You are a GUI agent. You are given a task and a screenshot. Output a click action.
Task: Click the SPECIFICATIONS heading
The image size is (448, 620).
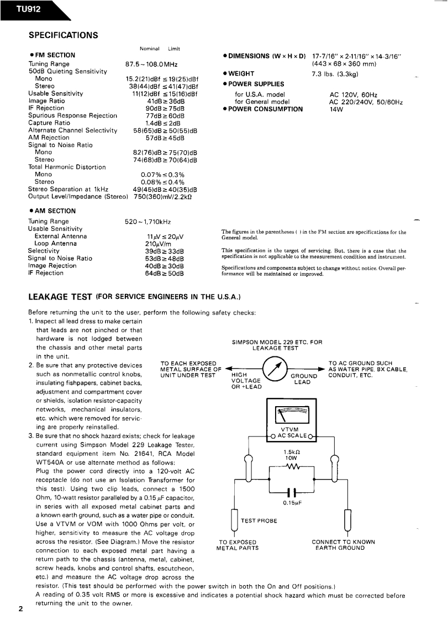(64, 35)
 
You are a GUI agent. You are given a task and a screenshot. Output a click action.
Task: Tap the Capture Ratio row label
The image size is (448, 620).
(49, 123)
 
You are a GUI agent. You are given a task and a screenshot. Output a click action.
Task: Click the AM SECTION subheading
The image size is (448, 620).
(52, 211)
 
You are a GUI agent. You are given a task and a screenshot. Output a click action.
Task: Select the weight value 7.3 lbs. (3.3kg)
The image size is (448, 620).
(335, 73)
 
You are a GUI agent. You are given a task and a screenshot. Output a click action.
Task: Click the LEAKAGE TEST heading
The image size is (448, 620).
(60, 297)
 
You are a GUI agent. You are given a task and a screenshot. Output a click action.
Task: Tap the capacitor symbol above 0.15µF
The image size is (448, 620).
(291, 491)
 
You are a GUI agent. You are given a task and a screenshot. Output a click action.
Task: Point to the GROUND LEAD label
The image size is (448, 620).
(303, 379)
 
